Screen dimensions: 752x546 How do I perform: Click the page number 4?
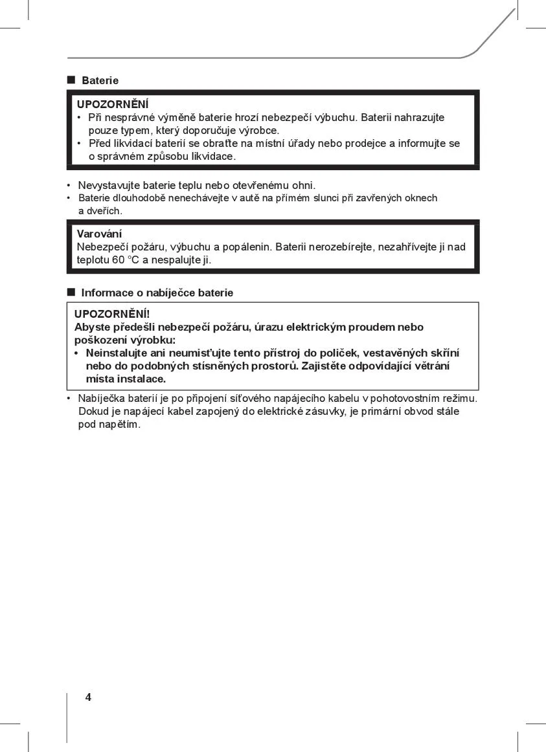(88, 697)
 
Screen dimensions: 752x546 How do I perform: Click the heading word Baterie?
(100, 81)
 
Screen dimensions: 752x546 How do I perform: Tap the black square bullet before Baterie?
(71, 80)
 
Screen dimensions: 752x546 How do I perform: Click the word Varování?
(99, 234)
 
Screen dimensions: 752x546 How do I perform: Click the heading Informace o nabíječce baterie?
(157, 293)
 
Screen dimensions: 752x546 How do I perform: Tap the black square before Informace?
(71, 293)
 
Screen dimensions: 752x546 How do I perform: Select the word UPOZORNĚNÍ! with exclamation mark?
(112, 315)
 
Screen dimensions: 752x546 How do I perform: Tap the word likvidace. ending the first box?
(212, 157)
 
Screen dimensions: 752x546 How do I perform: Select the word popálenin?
(247, 247)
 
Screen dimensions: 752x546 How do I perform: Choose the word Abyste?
(92, 327)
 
